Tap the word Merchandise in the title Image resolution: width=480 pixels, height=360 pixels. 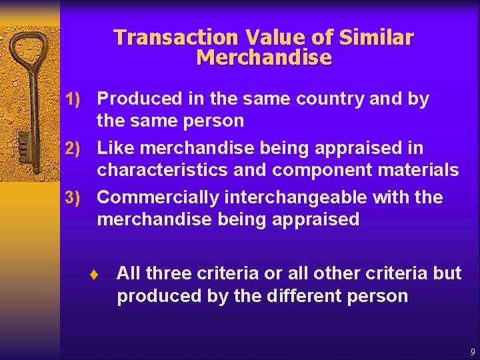point(264,58)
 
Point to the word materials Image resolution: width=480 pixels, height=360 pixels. point(420,170)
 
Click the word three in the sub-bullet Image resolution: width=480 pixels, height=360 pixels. point(170,273)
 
